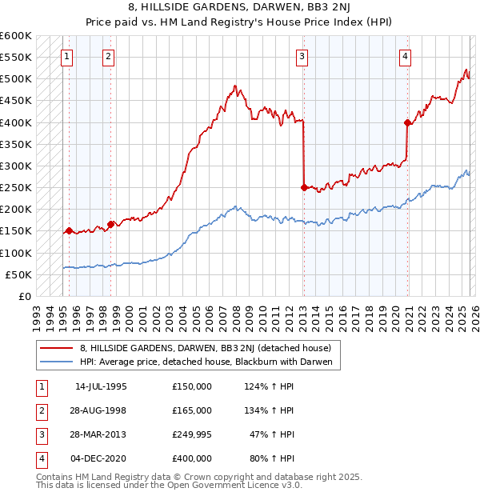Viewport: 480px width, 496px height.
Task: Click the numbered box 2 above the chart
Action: click(108, 56)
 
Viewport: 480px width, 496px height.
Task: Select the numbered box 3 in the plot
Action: click(302, 56)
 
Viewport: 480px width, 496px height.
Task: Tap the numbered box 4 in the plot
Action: click(406, 56)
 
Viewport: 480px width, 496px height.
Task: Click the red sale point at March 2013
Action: click(304, 188)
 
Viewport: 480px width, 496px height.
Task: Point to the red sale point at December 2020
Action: click(407, 122)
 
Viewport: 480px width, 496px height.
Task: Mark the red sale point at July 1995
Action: click(70, 231)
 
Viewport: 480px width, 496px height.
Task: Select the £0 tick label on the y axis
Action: click(24, 296)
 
